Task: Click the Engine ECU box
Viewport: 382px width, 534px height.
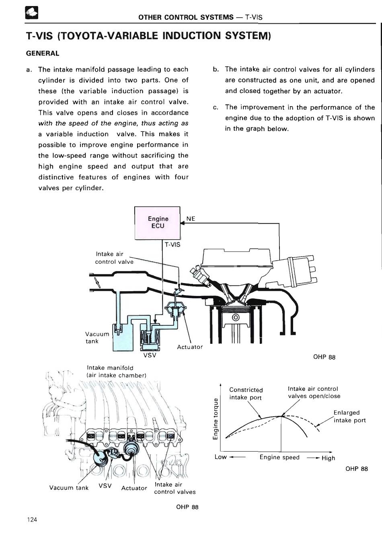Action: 158,223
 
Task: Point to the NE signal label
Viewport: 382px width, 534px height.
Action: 191,218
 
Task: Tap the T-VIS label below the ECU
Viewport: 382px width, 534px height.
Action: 173,244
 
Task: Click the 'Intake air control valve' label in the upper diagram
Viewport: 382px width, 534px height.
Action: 115,258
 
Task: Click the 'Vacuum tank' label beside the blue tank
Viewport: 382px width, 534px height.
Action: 97,337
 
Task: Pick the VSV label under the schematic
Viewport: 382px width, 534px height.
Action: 149,355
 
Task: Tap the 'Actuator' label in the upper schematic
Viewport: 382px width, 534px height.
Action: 190,347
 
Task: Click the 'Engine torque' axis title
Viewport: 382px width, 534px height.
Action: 216,419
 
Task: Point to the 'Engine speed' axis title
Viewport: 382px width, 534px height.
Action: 279,457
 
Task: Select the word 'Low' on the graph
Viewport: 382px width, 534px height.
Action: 221,457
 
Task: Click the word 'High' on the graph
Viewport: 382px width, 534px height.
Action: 328,458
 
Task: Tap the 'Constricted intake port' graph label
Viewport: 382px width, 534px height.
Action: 246,394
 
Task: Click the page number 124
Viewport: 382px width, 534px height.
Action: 32,520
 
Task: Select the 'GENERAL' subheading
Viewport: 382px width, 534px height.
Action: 43,53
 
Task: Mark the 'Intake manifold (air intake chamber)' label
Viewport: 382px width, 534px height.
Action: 116,372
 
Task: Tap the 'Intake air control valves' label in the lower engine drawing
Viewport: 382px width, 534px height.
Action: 175,488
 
